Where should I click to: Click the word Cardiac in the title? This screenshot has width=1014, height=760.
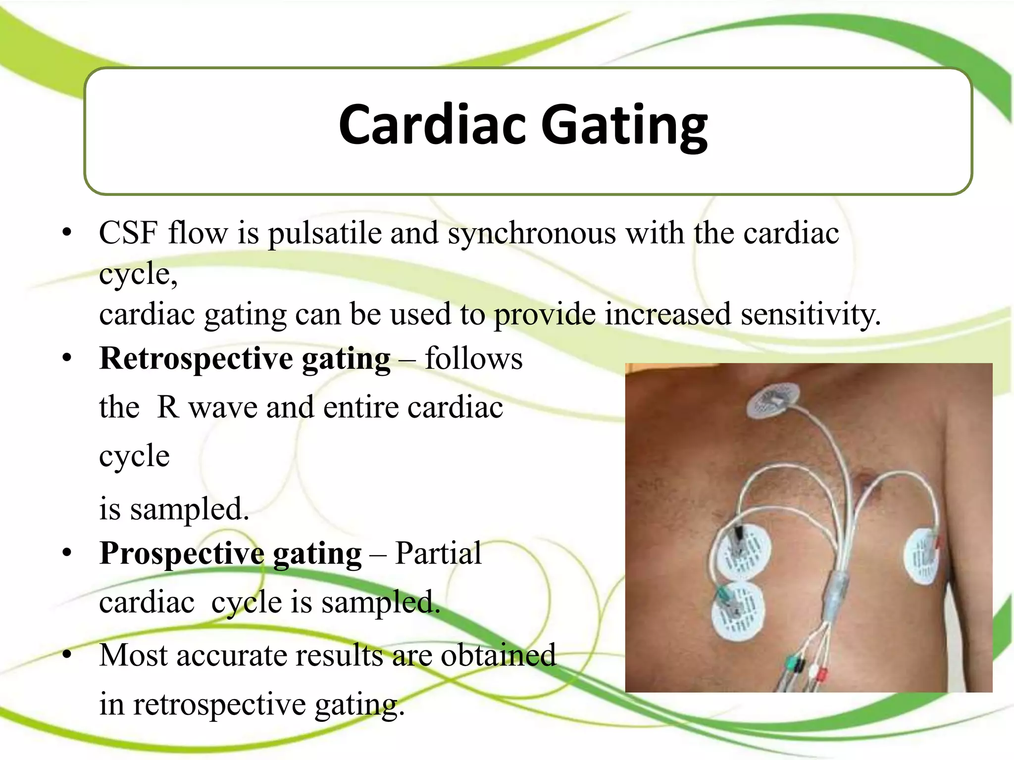432,125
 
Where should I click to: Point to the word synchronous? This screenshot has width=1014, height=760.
532,234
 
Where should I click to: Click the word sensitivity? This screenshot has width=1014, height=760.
810,314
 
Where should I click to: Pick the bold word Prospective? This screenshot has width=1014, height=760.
182,554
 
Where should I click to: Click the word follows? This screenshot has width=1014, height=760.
473,359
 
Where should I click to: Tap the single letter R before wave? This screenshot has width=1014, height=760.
168,407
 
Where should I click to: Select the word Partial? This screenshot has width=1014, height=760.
438,553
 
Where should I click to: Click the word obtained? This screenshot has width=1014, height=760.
498,656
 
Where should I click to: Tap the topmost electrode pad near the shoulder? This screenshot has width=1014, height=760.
772,401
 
